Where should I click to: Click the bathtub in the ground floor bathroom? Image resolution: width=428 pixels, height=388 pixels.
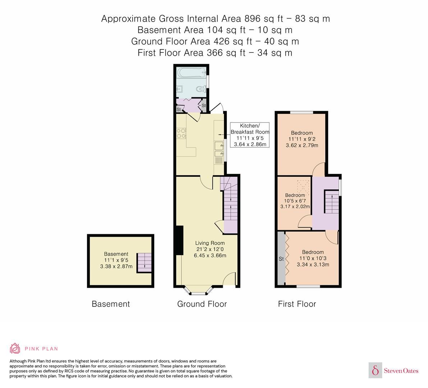[190, 74]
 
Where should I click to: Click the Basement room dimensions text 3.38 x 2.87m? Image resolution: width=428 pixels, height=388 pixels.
[116, 267]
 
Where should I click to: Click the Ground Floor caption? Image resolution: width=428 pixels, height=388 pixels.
[202, 304]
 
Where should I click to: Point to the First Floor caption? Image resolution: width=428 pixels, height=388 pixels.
[297, 304]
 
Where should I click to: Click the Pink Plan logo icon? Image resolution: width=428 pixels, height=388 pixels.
[15, 348]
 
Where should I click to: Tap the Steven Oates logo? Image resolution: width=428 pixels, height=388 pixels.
[394, 370]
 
